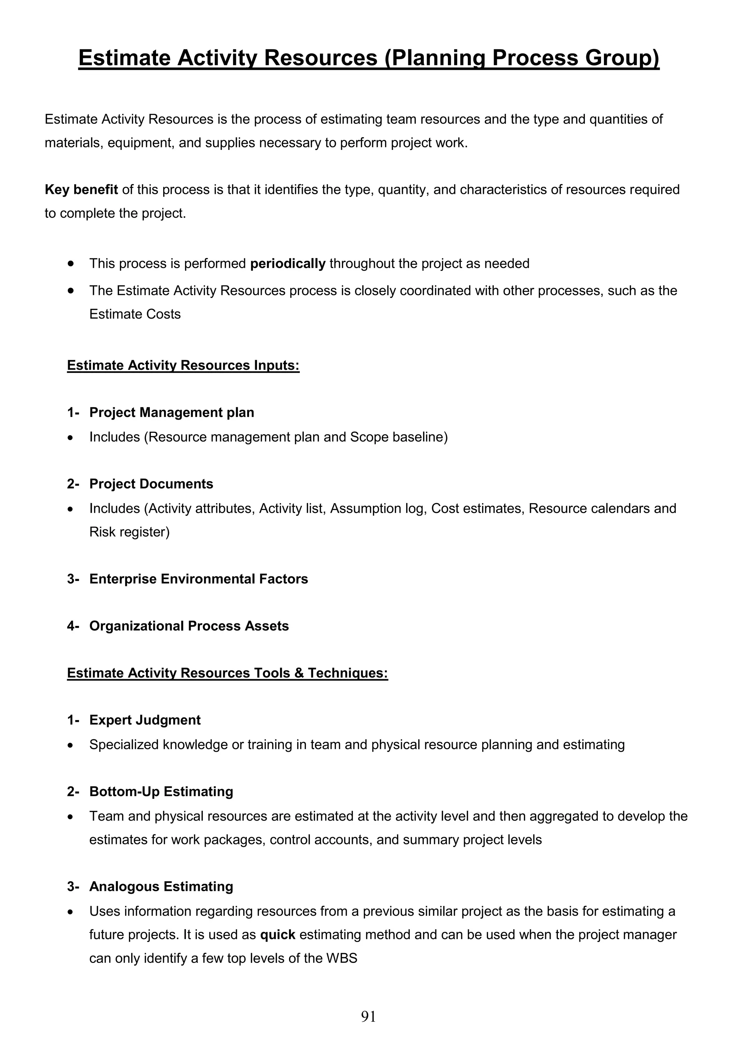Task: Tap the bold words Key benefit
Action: click(81, 190)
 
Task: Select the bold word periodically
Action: click(288, 264)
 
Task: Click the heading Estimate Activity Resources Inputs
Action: click(183, 365)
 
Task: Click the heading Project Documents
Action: click(151, 484)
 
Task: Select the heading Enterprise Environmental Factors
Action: click(198, 579)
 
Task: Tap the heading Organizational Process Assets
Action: click(189, 626)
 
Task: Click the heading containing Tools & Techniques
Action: click(227, 673)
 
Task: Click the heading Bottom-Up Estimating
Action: click(161, 792)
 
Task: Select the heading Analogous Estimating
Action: click(161, 887)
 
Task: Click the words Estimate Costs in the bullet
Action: click(135, 314)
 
